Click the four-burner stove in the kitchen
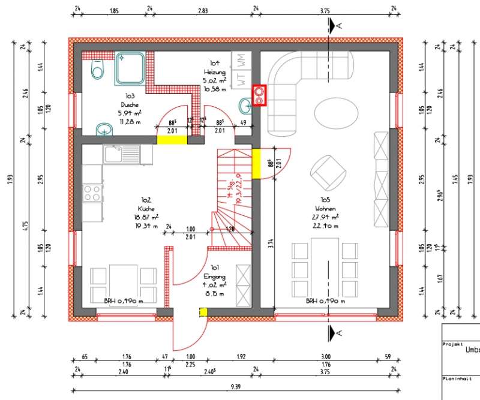[92, 193]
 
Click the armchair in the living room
[328, 172]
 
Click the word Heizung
[214, 72]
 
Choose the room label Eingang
[214, 277]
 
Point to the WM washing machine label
[240, 60]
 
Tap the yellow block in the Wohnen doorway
[256, 164]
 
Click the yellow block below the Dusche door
[172, 140]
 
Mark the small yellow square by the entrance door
[203, 312]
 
